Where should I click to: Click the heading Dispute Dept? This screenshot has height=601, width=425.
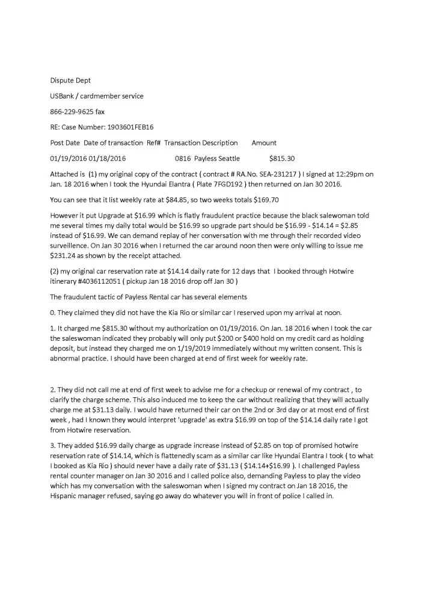(70, 80)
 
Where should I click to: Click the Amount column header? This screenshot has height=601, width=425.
(264, 143)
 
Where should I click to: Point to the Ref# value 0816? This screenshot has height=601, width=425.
(183, 159)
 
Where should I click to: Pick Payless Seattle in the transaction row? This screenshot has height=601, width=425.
(217, 159)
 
